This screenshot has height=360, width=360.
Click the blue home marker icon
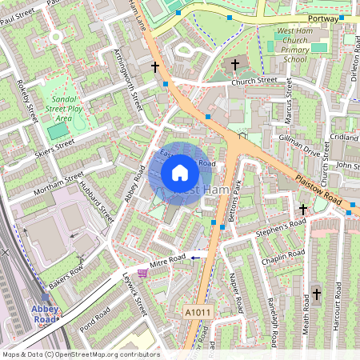180,173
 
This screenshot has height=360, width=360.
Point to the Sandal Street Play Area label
66,106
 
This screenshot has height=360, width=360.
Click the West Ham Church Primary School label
294,45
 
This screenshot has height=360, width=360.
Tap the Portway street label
322,18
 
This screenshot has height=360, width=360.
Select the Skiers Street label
54,148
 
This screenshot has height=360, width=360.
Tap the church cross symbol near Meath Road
316,294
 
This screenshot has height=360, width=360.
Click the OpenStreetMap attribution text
80,354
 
